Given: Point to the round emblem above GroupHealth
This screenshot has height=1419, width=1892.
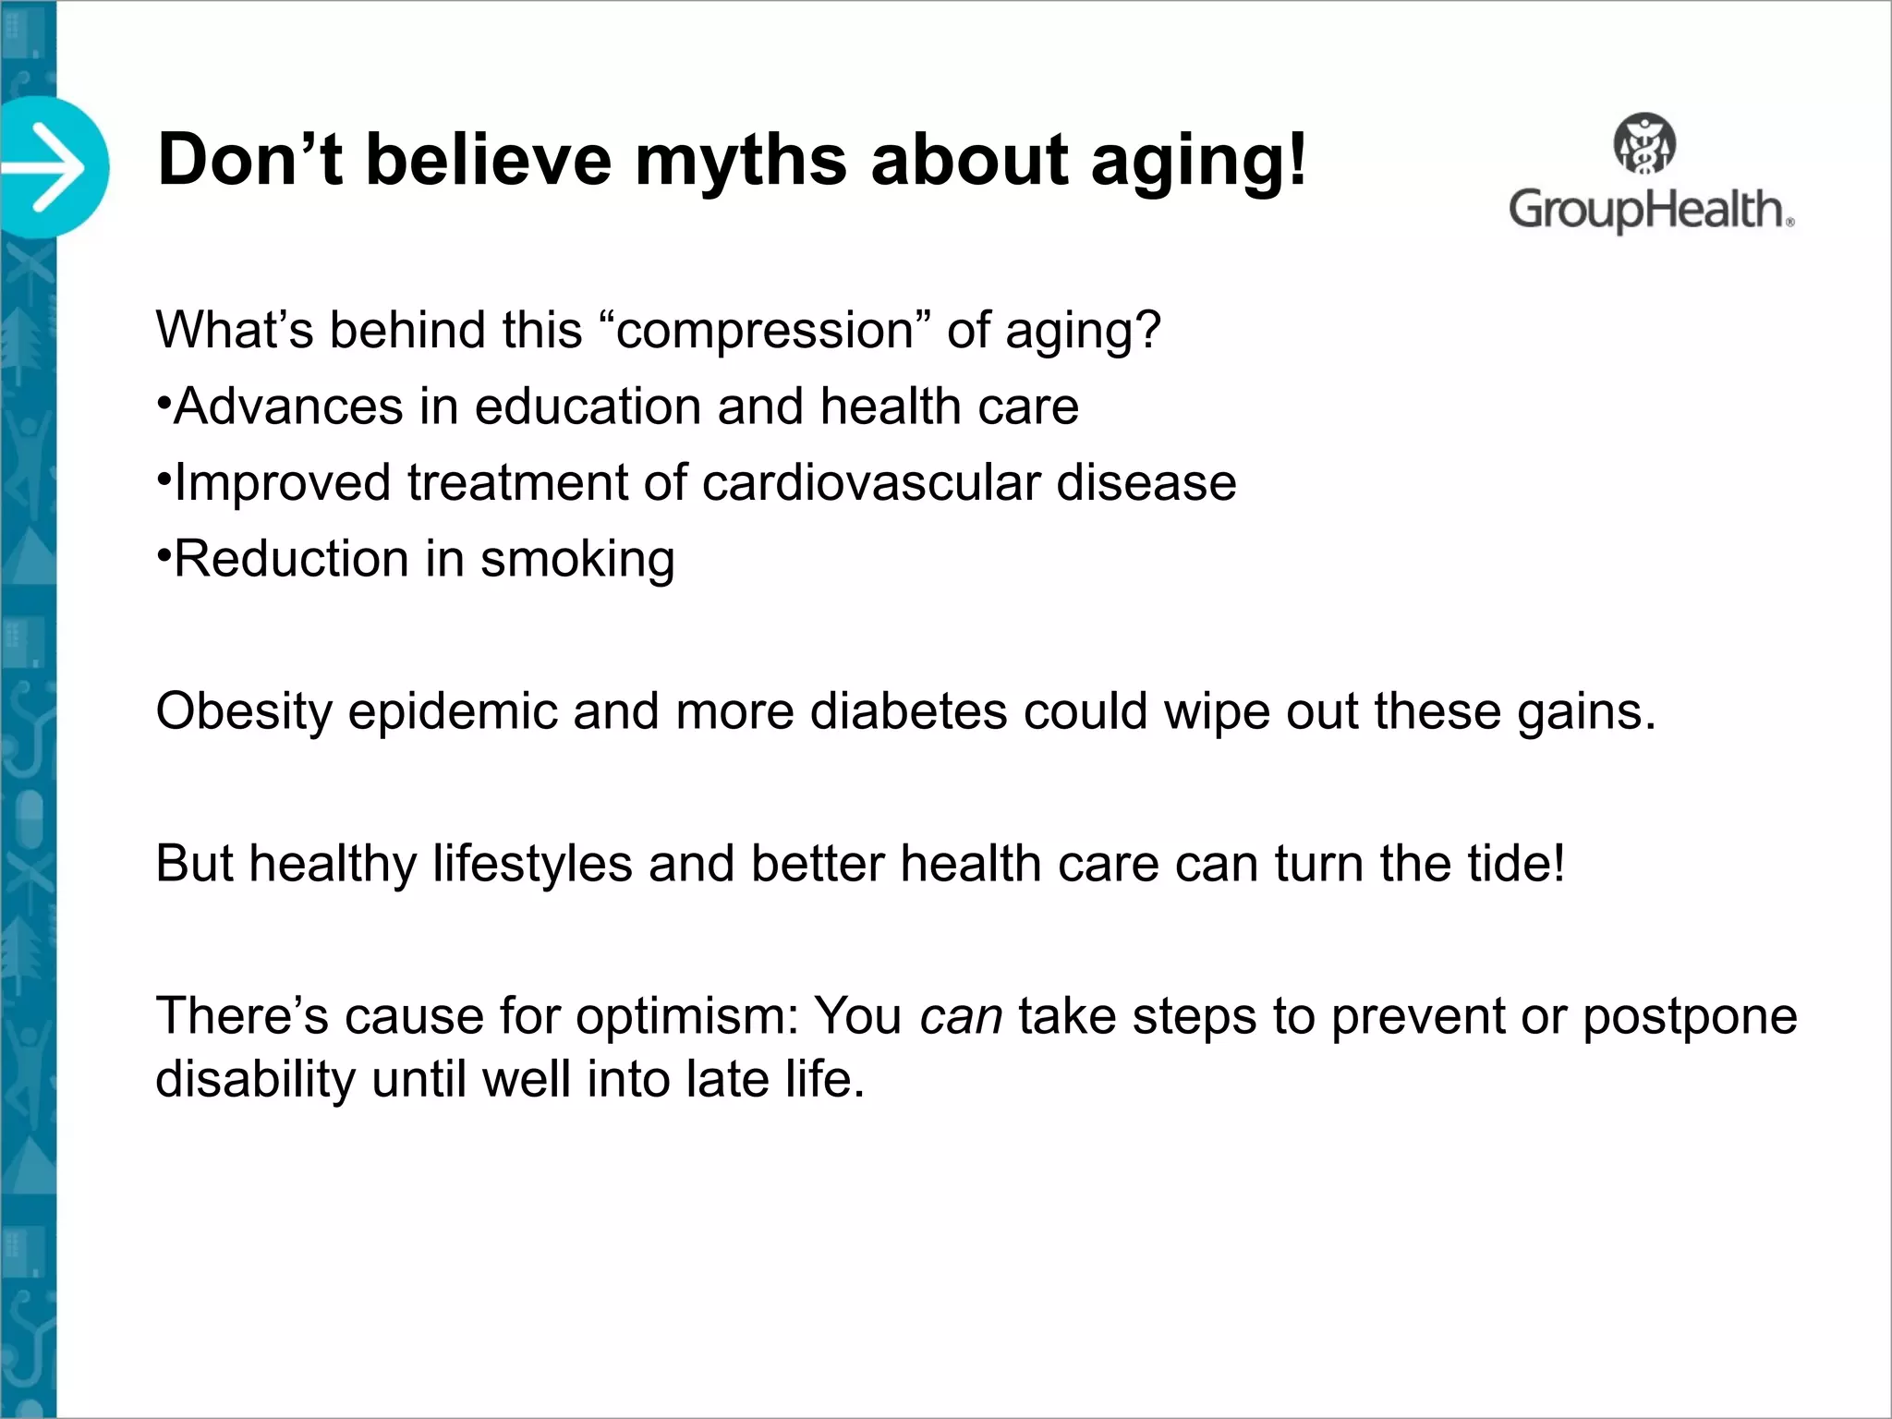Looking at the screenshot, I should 1644,143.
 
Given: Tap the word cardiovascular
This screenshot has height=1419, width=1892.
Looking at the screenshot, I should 871,482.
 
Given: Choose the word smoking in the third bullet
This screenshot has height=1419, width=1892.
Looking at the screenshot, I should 577,560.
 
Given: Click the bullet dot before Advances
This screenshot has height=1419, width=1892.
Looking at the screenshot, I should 163,403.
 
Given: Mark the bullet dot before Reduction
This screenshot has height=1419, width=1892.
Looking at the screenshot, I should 163,555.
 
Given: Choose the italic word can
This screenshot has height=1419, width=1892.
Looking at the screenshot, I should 961,1016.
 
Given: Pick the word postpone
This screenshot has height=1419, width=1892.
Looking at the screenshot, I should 1690,1017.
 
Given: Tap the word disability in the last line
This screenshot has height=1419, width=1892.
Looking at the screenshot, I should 255,1079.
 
